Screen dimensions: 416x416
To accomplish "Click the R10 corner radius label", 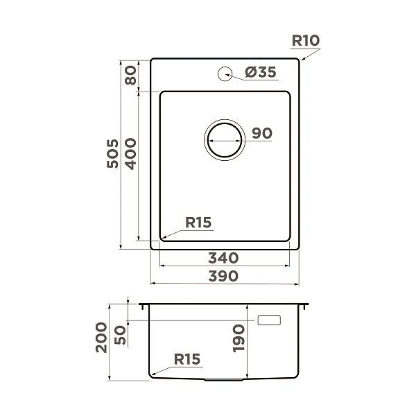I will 305,41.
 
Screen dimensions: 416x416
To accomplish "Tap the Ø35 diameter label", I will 261,72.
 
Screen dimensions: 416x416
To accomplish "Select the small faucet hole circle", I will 225,72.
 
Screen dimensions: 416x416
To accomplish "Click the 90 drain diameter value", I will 261,133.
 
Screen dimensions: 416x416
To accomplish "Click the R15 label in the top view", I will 198,223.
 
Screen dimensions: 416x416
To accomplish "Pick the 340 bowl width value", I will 224,258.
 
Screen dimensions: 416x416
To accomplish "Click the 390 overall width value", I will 224,276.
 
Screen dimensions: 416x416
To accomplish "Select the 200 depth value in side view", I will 102,338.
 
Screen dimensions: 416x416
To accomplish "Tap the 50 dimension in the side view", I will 120,336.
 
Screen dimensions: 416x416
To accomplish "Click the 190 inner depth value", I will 239,338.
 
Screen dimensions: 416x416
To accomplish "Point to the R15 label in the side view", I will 187,359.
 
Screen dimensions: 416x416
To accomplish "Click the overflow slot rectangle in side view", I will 269,320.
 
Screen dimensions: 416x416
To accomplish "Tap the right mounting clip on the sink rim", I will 304,306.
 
